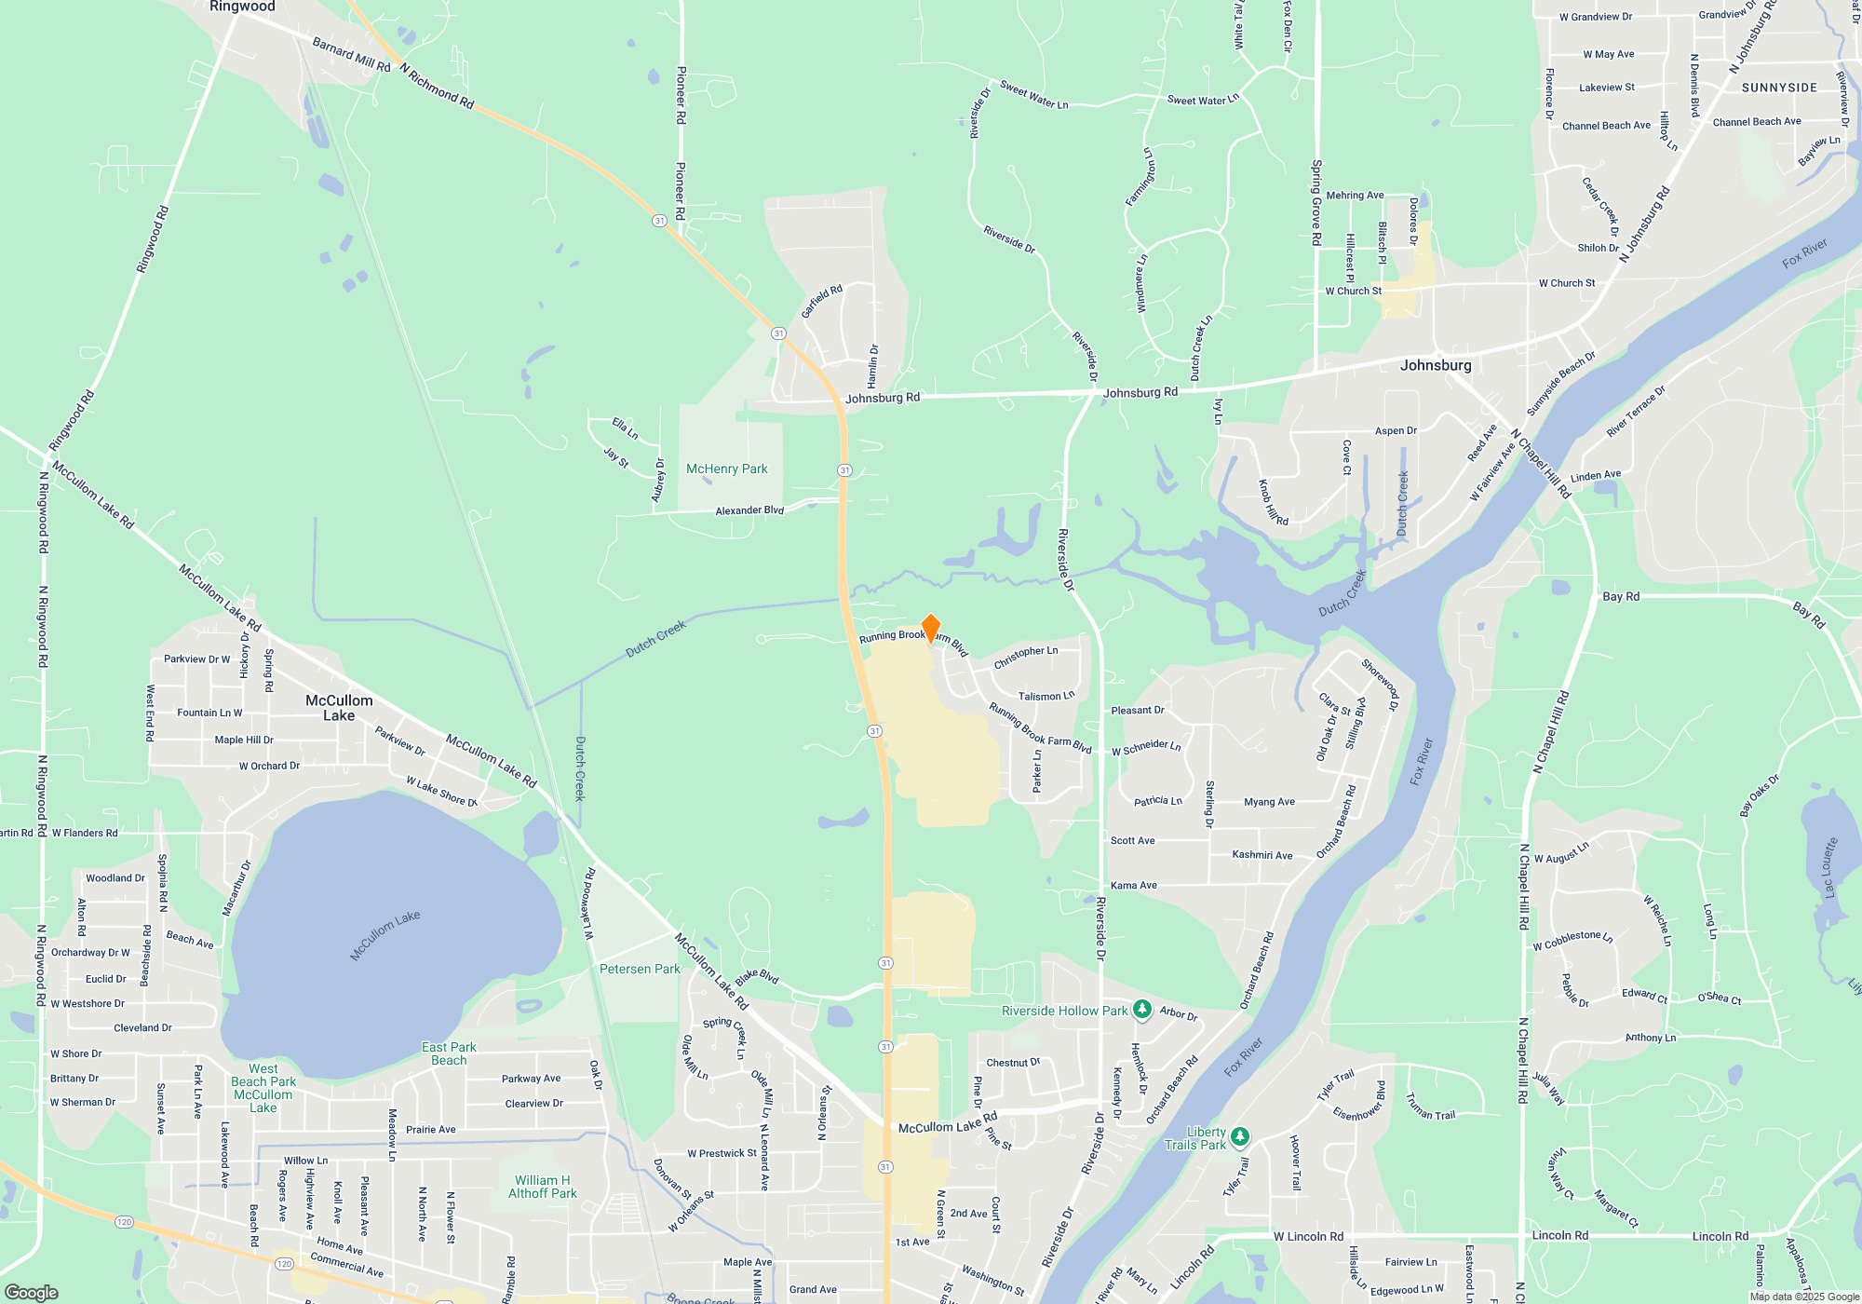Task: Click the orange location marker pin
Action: (930, 629)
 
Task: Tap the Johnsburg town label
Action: (1436, 365)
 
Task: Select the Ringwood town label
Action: (242, 7)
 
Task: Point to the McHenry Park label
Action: (726, 469)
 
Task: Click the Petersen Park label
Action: (640, 969)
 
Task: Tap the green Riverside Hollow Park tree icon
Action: (1141, 1010)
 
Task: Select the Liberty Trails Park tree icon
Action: (1239, 1136)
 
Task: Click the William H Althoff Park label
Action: (542, 1187)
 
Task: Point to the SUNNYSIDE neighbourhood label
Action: (1779, 88)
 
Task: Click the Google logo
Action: (32, 1292)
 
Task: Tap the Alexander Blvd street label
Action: (749, 510)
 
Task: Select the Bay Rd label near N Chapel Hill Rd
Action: (1621, 596)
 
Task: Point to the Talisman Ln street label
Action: (1046, 696)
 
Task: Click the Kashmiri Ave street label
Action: (1262, 855)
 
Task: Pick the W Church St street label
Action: (1566, 283)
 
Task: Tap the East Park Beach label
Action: (449, 1053)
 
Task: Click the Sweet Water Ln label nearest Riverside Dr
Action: (1033, 95)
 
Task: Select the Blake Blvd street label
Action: (757, 977)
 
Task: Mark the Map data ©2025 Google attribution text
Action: (1804, 1297)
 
